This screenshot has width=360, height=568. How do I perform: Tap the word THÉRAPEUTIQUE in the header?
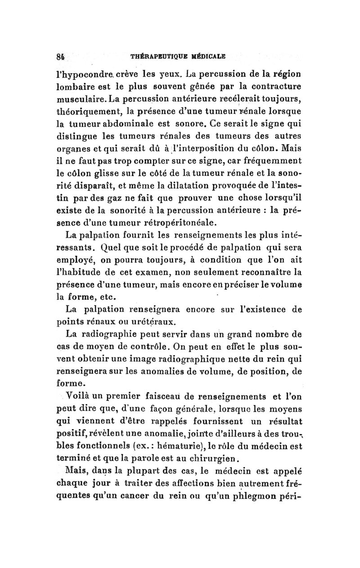pos(156,57)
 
